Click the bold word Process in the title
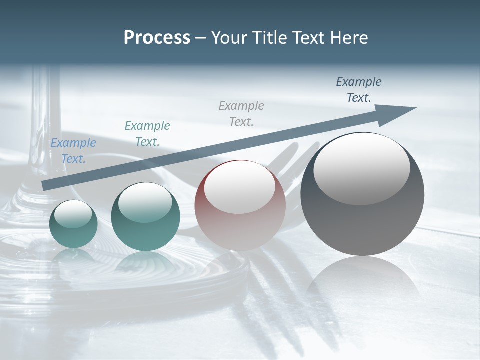coord(157,37)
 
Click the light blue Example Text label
coord(73,151)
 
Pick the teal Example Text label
coord(147,134)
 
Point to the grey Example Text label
coord(241,113)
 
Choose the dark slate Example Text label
coord(359,90)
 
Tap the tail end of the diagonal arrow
coord(46,185)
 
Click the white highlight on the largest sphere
coord(361,167)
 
